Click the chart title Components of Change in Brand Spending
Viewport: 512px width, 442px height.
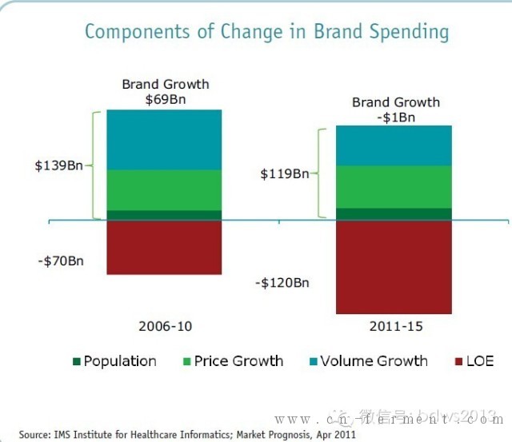pos(266,33)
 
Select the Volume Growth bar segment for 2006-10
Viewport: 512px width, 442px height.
pos(164,139)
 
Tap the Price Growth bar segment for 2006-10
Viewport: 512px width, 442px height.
pos(164,189)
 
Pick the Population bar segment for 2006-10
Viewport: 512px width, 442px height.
pos(164,215)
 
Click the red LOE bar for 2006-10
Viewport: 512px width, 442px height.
pos(164,247)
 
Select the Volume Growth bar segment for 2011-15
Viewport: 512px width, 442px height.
pos(394,145)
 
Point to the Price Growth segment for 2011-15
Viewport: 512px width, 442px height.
pos(394,186)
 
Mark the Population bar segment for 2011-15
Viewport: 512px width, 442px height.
pos(394,213)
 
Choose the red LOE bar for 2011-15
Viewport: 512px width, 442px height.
pos(394,266)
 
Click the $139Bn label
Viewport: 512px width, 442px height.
pos(59,165)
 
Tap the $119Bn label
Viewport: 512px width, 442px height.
pos(284,173)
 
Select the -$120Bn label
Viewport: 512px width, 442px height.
pos(282,282)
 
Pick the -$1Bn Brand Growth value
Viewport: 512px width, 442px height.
pos(395,116)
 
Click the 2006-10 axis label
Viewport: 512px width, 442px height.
pos(165,326)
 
